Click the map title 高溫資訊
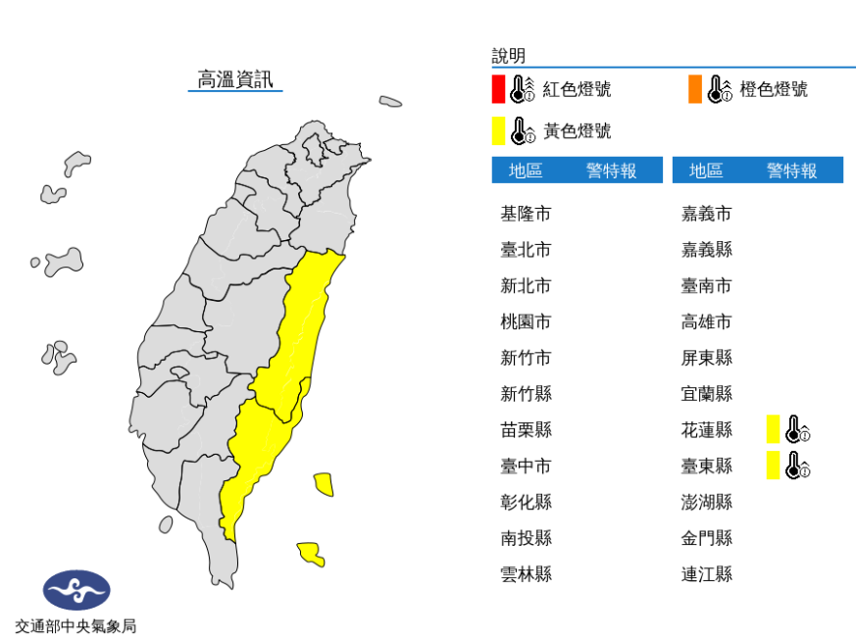tap(235, 79)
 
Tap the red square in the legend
tap(498, 89)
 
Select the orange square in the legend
tap(694, 89)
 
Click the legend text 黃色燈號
tap(577, 130)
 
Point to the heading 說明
tap(509, 56)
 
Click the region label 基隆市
tap(526, 214)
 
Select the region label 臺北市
tap(526, 250)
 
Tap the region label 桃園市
tap(526, 321)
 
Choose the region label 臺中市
tap(526, 466)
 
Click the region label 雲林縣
tap(526, 573)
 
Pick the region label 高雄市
tap(707, 321)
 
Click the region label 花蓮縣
tap(707, 429)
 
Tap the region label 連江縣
tap(707, 573)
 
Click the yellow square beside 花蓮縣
tap(773, 429)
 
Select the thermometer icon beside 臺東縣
tap(797, 465)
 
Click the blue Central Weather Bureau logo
tap(76, 590)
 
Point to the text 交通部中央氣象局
tap(76, 625)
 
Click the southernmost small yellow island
tap(310, 554)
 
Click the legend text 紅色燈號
tap(577, 89)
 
